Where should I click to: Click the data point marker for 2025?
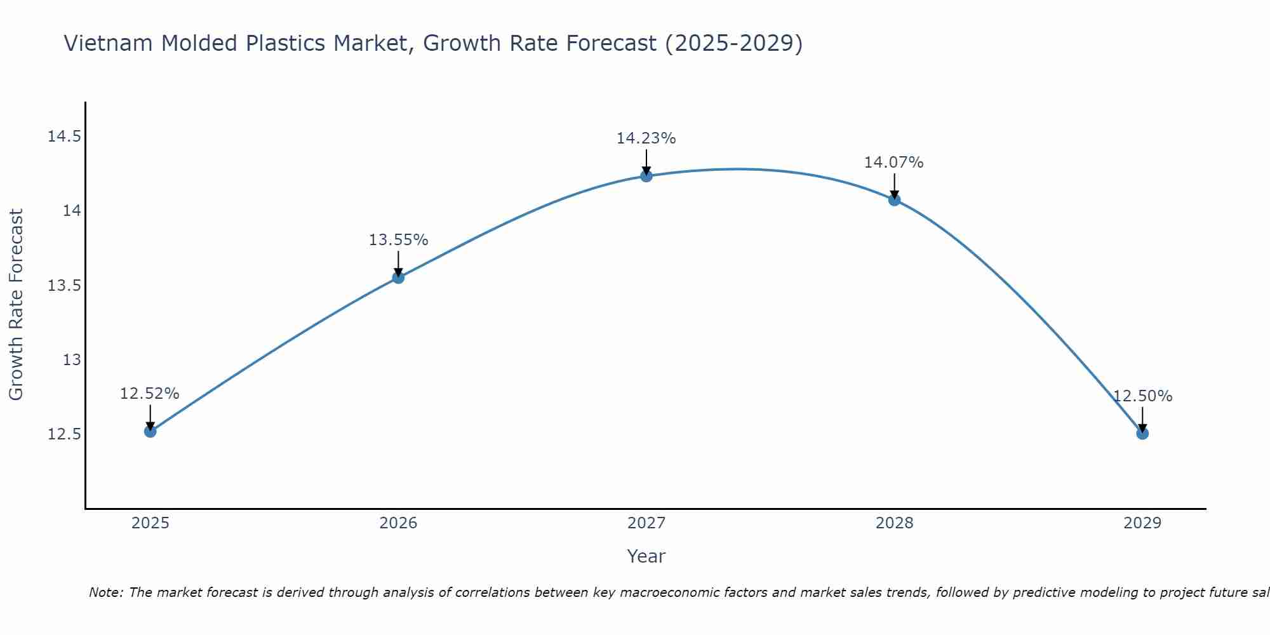[150, 431]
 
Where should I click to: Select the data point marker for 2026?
[398, 277]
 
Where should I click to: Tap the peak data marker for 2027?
[646, 176]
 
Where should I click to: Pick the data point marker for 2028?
[894, 200]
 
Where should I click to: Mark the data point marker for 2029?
[1142, 434]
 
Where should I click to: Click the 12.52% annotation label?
[150, 394]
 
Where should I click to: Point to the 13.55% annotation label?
[398, 240]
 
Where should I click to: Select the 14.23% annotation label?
[646, 138]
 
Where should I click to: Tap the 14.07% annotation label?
[894, 163]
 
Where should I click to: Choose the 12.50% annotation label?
[1142, 396]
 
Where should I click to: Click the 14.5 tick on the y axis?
[65, 137]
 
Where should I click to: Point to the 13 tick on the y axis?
[72, 360]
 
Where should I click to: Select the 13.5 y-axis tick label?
[65, 286]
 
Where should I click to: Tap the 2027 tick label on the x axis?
[646, 523]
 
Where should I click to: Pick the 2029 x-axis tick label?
[1142, 523]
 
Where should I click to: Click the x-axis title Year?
[646, 556]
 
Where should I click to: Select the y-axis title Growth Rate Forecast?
[16, 305]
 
